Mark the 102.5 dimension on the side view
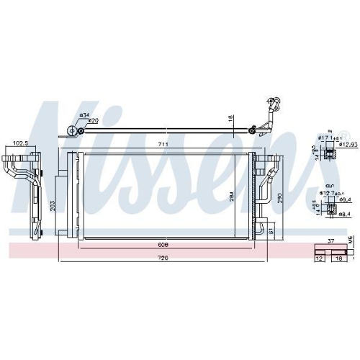pyautogui.click(x=20, y=144)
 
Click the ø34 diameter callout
pyautogui.click(x=84, y=115)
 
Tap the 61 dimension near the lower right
pyautogui.click(x=271, y=231)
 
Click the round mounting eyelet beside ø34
pyautogui.click(x=72, y=130)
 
